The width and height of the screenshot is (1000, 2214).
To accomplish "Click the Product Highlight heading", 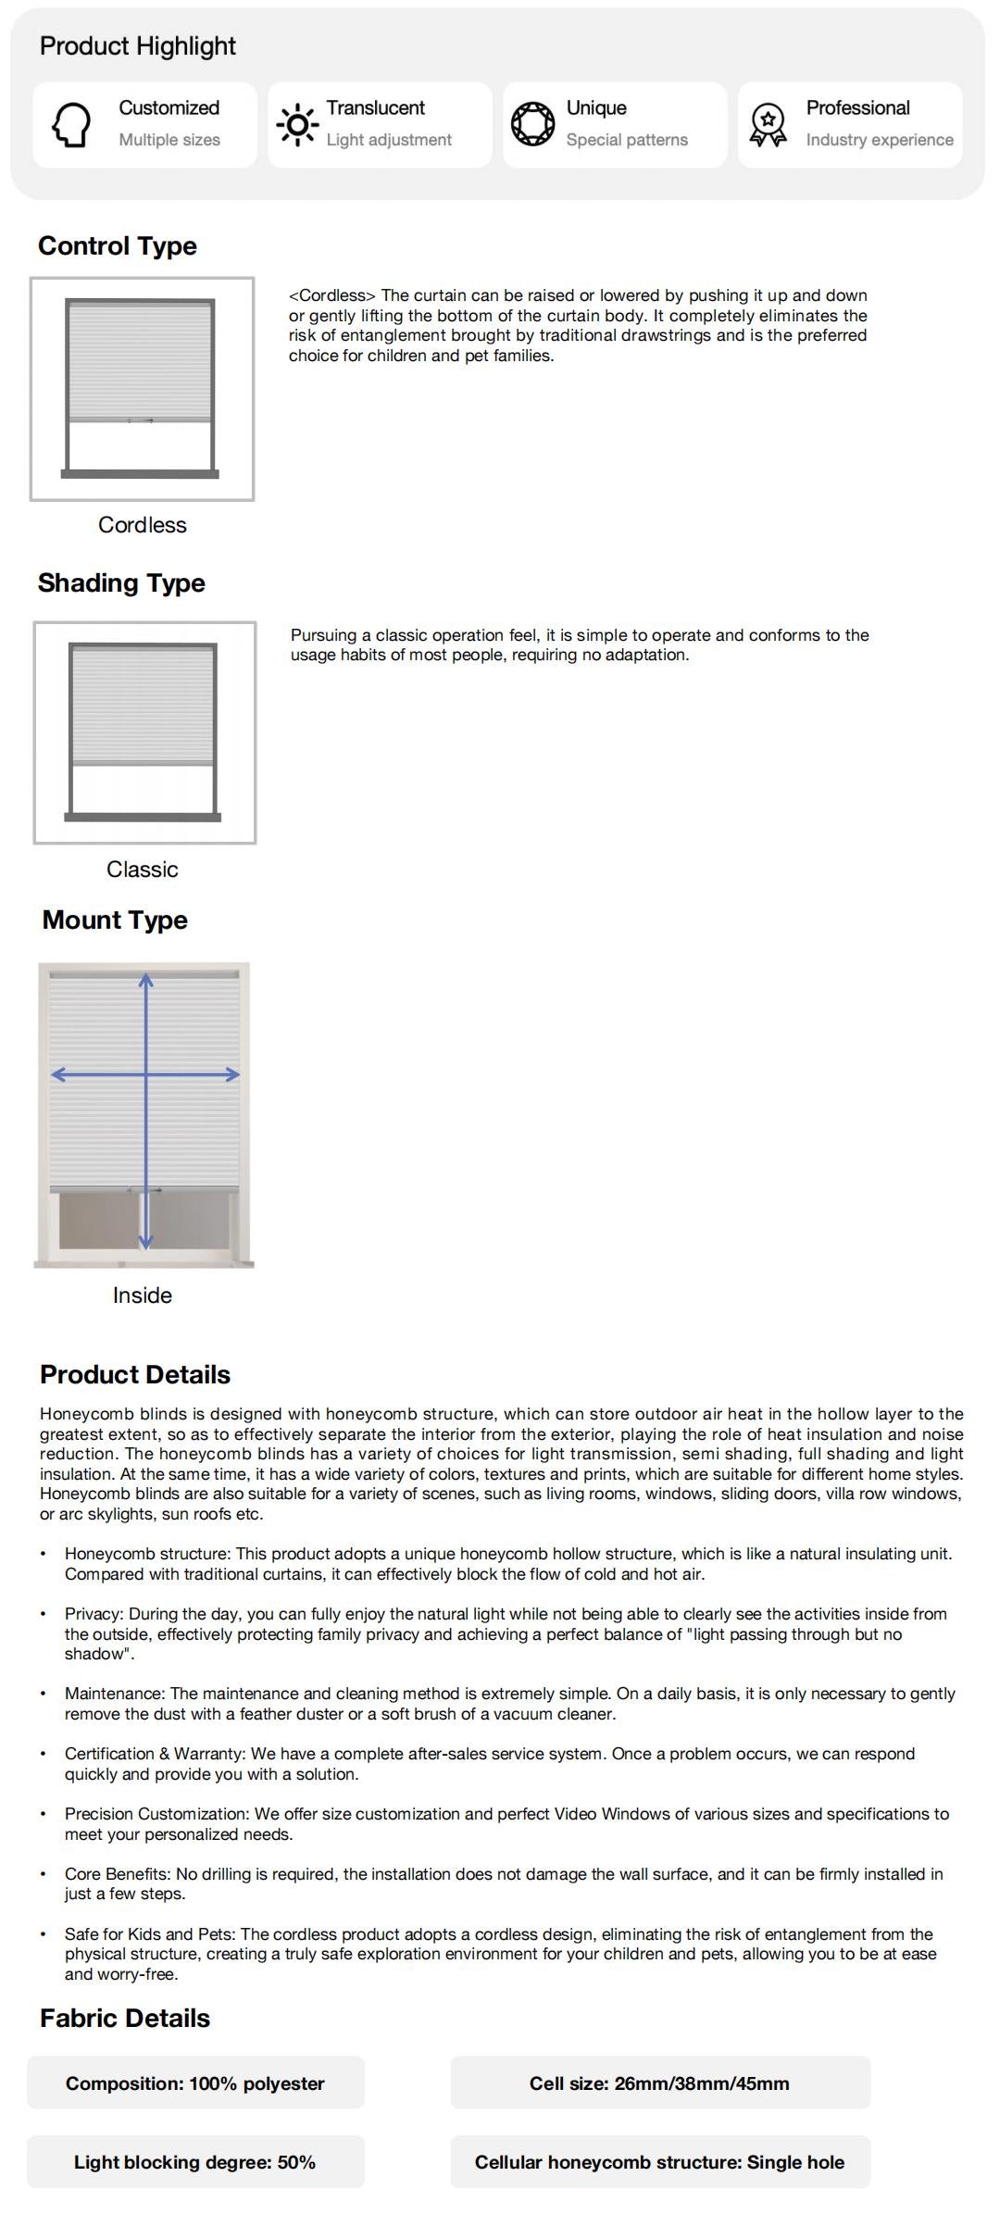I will (x=137, y=46).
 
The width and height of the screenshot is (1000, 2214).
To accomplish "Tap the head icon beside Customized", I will (x=71, y=124).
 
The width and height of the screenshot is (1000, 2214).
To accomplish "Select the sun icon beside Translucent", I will (x=297, y=124).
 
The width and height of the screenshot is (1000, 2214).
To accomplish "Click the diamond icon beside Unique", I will (x=533, y=124).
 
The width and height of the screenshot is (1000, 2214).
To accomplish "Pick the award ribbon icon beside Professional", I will (x=768, y=124).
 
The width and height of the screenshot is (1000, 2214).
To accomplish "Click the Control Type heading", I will (x=118, y=246).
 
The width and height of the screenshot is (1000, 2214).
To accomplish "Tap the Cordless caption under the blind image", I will (x=143, y=525).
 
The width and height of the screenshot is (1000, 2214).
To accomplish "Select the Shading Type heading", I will (x=121, y=583).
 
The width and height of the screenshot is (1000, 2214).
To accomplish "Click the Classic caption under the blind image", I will (x=143, y=869).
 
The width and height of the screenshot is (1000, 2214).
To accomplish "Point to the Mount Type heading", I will (x=115, y=920).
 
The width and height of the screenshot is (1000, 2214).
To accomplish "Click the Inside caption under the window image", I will (x=143, y=1295).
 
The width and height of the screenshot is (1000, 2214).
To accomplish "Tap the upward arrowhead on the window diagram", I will (x=146, y=979).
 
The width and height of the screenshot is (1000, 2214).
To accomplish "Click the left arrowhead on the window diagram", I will (x=57, y=1074).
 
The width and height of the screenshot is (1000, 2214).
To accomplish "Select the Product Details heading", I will (x=135, y=1375).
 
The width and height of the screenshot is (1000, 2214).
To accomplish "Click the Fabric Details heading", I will (x=125, y=2019).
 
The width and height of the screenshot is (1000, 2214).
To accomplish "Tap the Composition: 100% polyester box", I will (x=195, y=2083).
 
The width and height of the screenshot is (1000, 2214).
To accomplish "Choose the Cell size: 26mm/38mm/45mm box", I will (x=660, y=2083).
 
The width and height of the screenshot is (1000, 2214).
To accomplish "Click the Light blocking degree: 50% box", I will (x=195, y=2162).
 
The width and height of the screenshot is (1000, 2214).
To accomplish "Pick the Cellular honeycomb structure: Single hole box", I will (x=660, y=2162).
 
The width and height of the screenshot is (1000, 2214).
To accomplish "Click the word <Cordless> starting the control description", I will (x=332, y=296).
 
